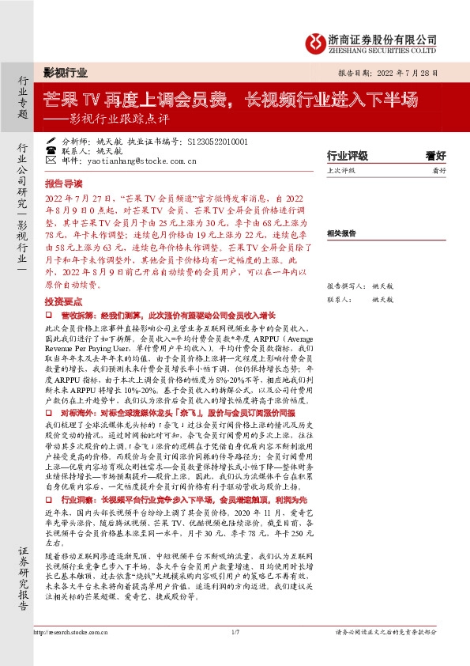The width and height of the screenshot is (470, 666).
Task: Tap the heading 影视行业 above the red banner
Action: click(x=65, y=72)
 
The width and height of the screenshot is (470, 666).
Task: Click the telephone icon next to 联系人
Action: click(x=51, y=149)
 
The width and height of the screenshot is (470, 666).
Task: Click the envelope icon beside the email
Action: click(x=51, y=159)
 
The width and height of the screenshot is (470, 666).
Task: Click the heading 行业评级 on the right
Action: click(x=347, y=157)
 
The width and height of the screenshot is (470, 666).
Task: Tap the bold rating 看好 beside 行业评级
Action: click(x=435, y=157)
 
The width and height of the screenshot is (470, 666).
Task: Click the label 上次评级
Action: click(x=341, y=170)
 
